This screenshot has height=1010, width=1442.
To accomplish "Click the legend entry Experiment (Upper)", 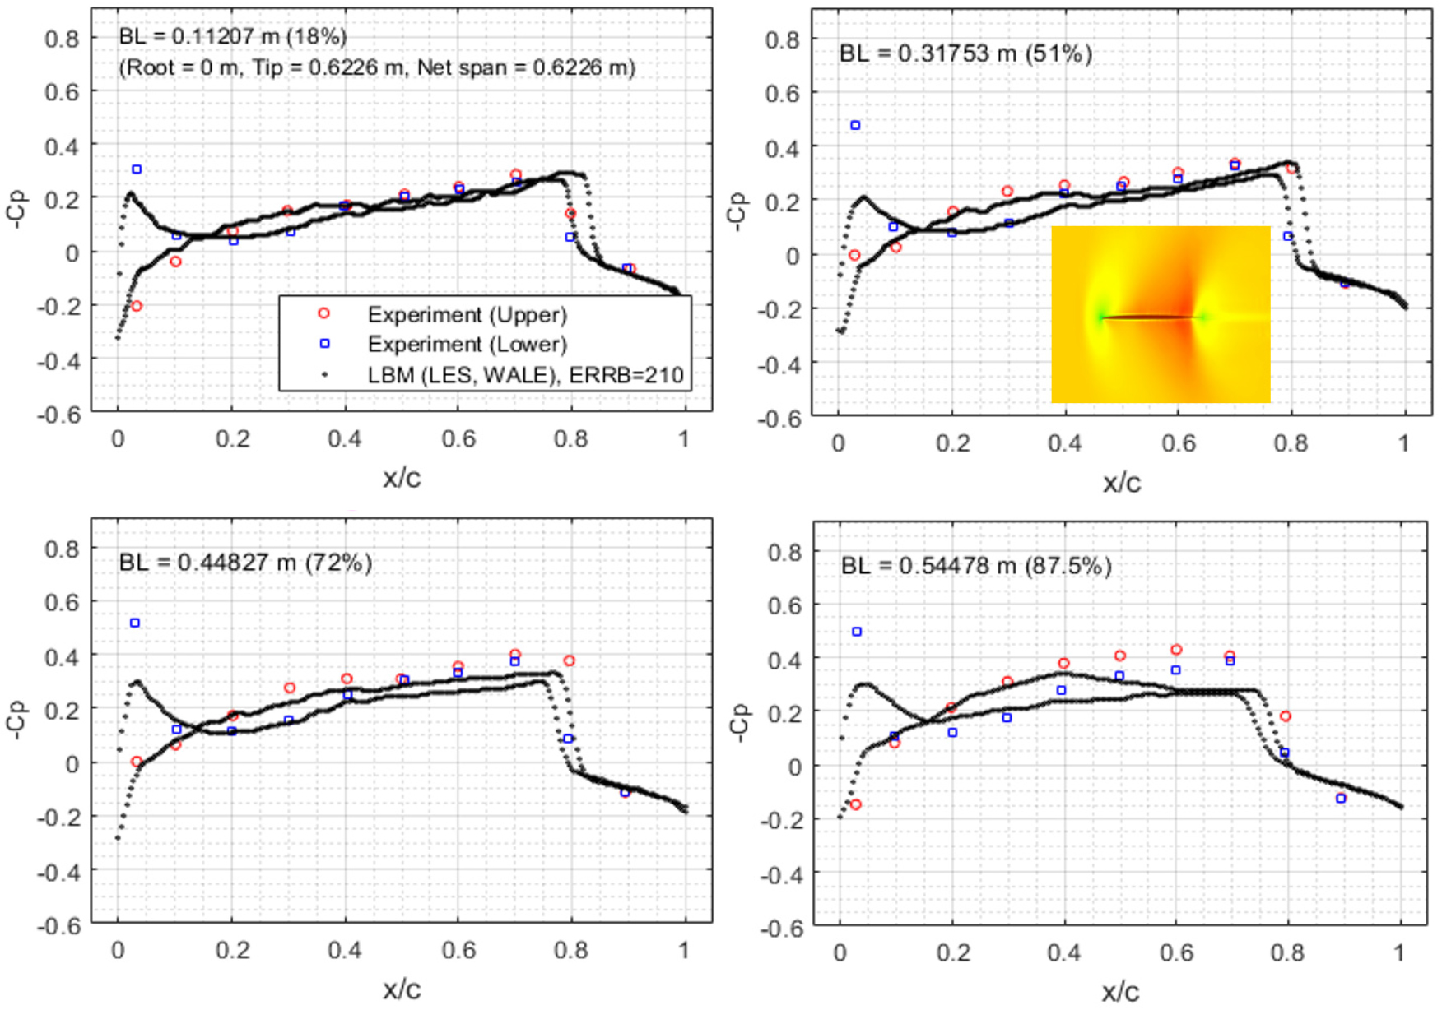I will click(467, 315).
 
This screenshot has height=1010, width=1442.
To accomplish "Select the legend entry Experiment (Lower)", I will click(467, 344).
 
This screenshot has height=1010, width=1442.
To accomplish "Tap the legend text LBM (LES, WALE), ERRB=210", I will click(525, 375).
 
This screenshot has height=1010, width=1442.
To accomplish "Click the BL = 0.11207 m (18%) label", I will click(233, 36).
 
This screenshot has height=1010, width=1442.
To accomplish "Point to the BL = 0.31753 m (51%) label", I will click(965, 54).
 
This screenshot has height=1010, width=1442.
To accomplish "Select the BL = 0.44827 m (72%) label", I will click(245, 563).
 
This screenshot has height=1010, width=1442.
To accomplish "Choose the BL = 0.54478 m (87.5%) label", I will click(976, 566).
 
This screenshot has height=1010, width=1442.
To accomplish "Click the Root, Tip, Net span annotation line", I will click(377, 67).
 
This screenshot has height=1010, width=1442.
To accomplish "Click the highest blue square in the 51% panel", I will click(855, 126).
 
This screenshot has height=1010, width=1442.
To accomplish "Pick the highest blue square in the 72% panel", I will click(135, 623).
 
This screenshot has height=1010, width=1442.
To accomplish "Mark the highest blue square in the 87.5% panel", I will click(857, 632).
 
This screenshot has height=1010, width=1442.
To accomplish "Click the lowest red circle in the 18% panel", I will click(137, 306).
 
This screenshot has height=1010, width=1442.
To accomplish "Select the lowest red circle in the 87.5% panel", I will click(856, 804).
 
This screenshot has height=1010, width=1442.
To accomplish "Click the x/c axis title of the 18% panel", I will click(402, 478).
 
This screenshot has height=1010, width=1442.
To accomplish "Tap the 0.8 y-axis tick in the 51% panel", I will click(782, 39).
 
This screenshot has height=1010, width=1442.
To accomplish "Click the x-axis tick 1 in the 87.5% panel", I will click(1399, 953).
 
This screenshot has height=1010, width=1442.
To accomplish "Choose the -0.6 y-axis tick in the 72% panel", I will click(59, 925).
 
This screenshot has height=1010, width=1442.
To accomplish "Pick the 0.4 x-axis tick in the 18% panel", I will click(344, 439).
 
